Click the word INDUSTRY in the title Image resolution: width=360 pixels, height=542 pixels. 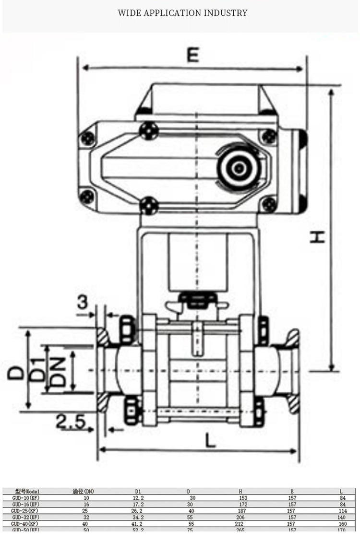[x=226, y=13]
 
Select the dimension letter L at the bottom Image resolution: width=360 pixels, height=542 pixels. [x=210, y=440]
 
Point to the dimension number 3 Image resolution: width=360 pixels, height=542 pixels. [x=83, y=303]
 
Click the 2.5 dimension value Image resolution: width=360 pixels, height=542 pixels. [x=70, y=422]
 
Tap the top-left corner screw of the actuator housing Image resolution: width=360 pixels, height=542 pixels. [x=88, y=139]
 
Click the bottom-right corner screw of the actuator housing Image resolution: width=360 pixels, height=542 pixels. [x=269, y=204]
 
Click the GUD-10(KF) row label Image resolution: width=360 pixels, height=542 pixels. [x=25, y=498]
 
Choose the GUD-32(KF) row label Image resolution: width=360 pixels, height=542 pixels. [x=25, y=517]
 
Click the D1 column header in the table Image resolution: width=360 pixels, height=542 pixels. [x=138, y=491]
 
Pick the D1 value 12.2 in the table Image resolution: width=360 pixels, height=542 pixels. [x=138, y=498]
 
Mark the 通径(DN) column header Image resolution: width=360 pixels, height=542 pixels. [x=83, y=491]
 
